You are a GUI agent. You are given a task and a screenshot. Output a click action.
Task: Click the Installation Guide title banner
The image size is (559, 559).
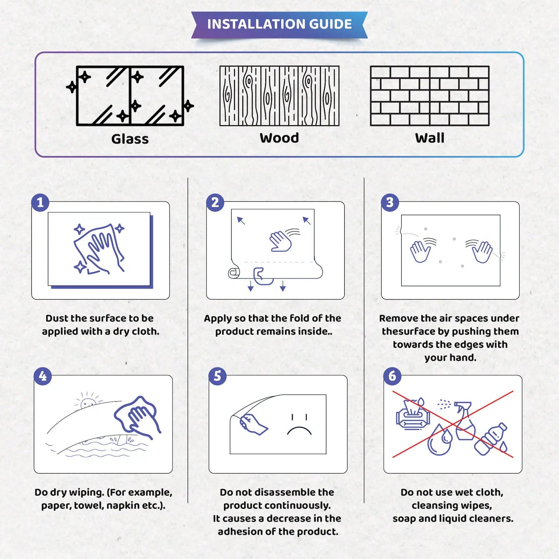click(279, 24)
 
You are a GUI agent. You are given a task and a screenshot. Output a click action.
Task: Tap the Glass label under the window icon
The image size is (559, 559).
click(130, 139)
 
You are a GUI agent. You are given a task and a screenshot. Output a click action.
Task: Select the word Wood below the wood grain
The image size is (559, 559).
click(279, 138)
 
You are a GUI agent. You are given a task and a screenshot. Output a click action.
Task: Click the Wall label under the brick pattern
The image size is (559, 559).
click(429, 138)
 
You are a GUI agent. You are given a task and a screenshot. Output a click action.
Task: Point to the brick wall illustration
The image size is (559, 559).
click(429, 96)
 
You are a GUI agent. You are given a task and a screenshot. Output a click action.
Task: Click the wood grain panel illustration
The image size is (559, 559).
click(279, 96)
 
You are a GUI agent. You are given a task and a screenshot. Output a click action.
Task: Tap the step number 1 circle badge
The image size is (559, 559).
click(40, 202)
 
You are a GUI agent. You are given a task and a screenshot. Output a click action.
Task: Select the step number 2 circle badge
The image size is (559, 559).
click(215, 202)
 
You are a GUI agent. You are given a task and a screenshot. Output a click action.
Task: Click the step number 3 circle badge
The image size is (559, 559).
click(390, 202)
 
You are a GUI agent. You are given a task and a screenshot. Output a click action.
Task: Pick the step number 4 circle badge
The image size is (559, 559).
click(43, 376)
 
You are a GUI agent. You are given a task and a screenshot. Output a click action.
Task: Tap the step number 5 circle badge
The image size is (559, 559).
click(217, 376)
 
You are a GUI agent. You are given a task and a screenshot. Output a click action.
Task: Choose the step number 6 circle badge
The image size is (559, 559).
click(392, 376)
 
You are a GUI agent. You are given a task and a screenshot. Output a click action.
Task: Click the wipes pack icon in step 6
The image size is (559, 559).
click(412, 416)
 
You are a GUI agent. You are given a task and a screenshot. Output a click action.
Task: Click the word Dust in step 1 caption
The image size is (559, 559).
click(57, 318)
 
